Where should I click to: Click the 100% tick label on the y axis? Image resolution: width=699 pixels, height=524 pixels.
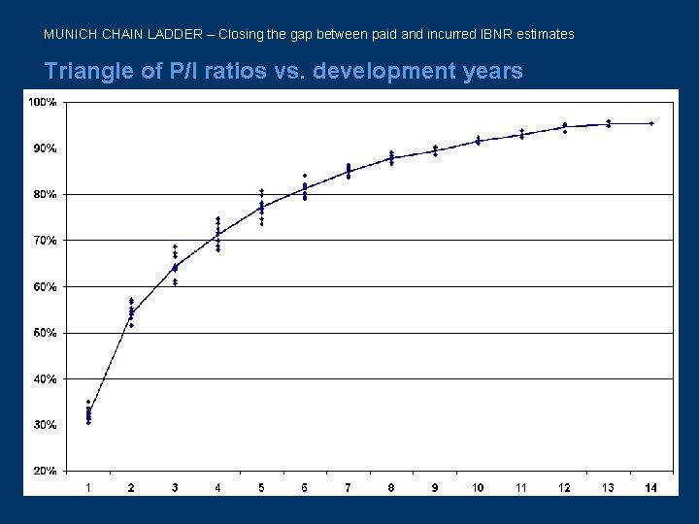pos(41,102)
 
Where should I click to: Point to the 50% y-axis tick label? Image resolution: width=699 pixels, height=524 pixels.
pos(41,333)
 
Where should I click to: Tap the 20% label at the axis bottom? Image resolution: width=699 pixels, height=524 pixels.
pos(41,472)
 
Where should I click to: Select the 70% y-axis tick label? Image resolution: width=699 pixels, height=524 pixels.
pos(41,241)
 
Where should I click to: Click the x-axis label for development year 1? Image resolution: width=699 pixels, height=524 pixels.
pos(88,487)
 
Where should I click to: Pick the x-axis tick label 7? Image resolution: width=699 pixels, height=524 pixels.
pos(348,487)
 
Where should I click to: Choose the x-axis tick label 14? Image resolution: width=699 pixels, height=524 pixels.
pos(650,487)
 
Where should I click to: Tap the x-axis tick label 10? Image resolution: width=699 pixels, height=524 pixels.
pos(478,487)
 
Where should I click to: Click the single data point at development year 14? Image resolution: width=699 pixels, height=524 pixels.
pos(651,123)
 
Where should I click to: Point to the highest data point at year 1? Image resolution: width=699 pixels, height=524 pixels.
pos(88,402)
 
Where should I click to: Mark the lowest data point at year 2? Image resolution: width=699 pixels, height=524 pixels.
pos(131,326)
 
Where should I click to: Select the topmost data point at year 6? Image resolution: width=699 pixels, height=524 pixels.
pos(305,176)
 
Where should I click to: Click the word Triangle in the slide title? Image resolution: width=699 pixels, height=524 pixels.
pos(83,72)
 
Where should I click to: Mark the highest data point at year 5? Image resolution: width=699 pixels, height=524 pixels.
pos(261,190)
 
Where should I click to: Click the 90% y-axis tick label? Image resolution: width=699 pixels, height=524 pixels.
pos(41,148)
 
